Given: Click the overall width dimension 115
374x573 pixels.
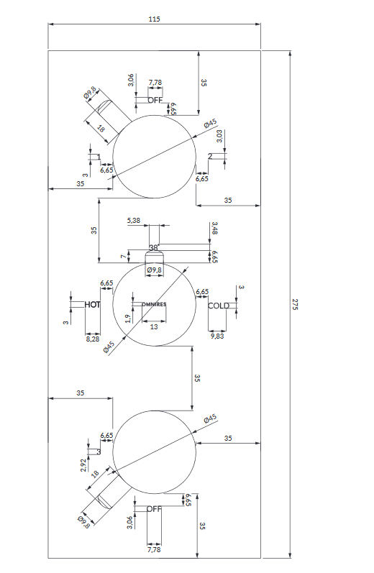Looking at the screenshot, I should [154, 19].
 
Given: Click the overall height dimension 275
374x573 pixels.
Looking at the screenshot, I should [295, 304].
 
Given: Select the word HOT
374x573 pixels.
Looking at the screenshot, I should [92, 305].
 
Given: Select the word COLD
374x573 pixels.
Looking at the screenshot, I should [218, 306].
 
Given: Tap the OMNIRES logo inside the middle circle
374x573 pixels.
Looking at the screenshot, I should [154, 305].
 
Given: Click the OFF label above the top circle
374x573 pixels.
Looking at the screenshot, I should [155, 100].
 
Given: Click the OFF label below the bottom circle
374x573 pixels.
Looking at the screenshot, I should [155, 508].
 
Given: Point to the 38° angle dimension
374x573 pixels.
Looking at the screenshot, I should [153, 248].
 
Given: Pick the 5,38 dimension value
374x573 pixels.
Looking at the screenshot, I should [134, 220].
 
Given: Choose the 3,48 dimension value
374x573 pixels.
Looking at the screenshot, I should [214, 229].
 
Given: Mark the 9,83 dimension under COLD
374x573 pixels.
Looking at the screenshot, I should [217, 336].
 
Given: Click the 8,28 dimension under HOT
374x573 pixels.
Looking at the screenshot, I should [92, 338].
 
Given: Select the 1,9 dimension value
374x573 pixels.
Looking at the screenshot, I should [128, 318].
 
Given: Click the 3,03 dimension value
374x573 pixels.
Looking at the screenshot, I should [219, 136].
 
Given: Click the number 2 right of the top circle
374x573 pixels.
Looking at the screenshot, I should [209, 156].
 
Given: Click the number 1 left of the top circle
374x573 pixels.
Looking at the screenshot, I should [99, 157].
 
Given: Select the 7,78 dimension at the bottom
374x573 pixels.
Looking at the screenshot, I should [155, 549].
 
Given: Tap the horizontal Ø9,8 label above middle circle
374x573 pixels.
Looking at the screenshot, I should [155, 270].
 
